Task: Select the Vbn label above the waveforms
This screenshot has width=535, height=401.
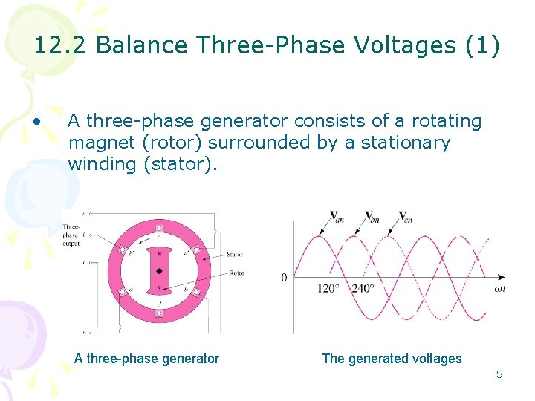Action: click(x=372, y=218)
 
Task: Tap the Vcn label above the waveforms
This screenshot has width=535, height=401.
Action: click(x=405, y=218)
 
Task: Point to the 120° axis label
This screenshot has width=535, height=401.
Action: click(x=326, y=288)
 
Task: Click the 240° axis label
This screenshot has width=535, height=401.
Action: click(x=364, y=288)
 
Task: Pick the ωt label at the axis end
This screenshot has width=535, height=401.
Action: click(x=500, y=288)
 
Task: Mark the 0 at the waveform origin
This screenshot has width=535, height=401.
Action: click(x=284, y=278)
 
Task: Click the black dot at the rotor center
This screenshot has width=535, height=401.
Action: click(x=159, y=271)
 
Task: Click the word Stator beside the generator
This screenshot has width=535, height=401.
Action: click(x=235, y=255)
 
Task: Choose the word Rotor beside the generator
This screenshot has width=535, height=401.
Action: click(x=236, y=273)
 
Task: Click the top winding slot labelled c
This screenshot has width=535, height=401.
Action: click(x=158, y=228)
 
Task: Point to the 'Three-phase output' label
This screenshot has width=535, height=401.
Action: click(x=71, y=235)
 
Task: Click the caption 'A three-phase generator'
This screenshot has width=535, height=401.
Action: click(x=146, y=359)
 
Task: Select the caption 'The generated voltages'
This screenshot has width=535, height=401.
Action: click(x=392, y=359)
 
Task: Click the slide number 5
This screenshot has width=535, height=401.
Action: click(x=499, y=374)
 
